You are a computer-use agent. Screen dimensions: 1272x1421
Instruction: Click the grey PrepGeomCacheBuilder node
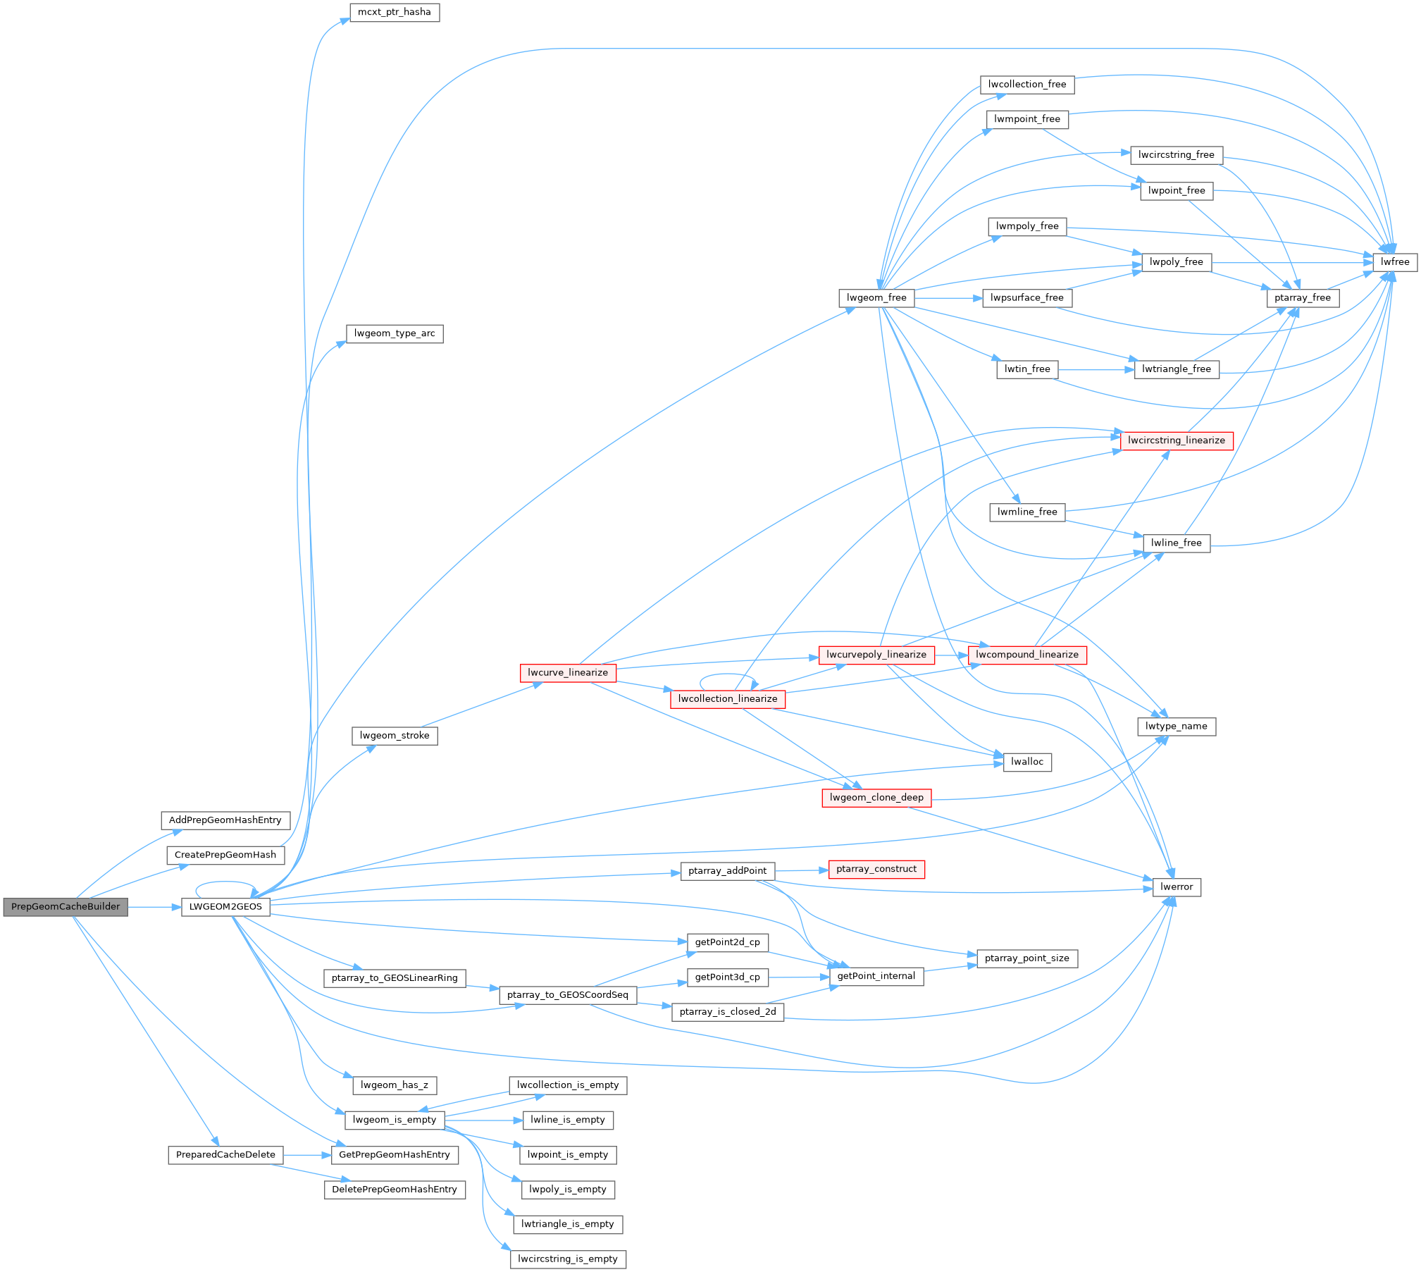[66, 907]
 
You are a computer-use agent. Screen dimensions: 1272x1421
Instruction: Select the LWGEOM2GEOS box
[225, 907]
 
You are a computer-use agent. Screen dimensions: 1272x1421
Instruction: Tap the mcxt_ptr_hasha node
[395, 12]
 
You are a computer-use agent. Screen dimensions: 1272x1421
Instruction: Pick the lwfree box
[1395, 262]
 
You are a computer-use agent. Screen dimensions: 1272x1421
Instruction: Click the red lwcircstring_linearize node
[1177, 440]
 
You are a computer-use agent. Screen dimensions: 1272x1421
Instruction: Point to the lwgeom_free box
[876, 298]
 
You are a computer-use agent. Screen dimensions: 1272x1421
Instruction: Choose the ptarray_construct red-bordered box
[876, 870]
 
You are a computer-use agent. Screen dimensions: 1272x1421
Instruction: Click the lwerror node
[1177, 887]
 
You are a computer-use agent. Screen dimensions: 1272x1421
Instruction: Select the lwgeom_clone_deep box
[876, 798]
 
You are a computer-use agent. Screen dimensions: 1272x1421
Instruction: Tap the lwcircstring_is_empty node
[568, 1259]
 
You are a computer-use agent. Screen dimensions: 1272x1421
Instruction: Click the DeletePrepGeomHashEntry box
[395, 1190]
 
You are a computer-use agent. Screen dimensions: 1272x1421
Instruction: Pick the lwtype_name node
[1177, 727]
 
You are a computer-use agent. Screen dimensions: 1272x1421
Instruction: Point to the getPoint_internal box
[876, 977]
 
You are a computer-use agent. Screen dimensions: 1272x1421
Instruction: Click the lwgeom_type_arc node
[395, 333]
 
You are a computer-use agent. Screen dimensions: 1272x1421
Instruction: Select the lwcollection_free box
[1027, 85]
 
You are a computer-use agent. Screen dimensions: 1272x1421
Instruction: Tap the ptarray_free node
[1303, 298]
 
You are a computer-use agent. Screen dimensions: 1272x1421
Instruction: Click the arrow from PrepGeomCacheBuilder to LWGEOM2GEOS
[155, 907]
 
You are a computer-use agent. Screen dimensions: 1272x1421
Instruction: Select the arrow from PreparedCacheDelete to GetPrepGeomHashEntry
[307, 1155]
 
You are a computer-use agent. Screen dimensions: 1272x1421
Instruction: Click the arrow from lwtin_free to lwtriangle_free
[1096, 369]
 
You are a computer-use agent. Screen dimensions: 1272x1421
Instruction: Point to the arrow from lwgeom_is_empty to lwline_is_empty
[484, 1120]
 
